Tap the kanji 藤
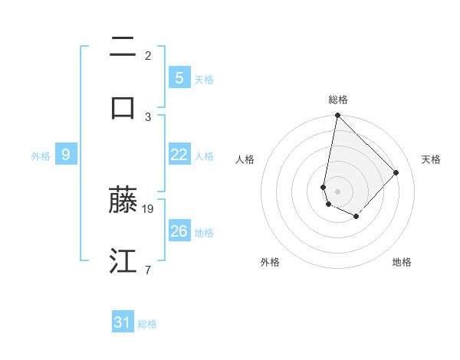123,200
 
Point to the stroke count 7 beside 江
148,270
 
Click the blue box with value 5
179,78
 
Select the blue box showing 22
179,155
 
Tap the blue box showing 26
179,231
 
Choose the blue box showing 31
123,323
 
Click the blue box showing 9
66,155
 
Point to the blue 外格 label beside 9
41,156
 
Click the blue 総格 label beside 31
147,325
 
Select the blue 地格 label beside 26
204,233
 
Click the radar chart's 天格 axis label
431,159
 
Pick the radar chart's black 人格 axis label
245,159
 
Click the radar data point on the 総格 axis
337,116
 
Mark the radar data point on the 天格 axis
396,172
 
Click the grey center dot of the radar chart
337,191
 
